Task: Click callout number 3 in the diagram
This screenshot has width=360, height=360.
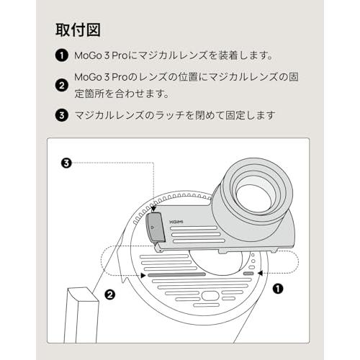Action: click(66, 163)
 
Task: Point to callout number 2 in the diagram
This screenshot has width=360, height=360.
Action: click(110, 294)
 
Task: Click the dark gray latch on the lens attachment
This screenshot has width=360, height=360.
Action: click(155, 228)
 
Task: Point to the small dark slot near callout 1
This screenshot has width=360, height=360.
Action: click(248, 274)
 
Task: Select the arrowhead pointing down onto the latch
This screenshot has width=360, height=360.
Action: click(153, 208)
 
